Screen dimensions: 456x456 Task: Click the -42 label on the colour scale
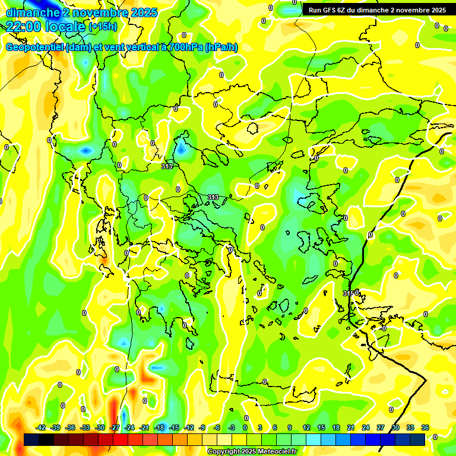[40, 427]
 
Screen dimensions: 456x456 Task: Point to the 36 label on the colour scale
[425, 427]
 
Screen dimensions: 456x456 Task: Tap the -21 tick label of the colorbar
[144, 427]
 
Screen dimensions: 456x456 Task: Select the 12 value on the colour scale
[306, 427]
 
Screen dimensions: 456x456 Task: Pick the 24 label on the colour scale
[366, 427]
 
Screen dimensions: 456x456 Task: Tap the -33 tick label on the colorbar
[85, 427]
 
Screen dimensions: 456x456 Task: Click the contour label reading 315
[350, 293]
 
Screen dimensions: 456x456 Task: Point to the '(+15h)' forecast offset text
[103, 27]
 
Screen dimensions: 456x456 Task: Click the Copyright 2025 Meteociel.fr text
[252, 451]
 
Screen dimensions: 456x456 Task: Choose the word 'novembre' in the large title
[97, 12]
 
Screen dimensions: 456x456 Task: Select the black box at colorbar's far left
[31, 439]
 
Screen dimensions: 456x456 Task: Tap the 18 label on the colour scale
[336, 427]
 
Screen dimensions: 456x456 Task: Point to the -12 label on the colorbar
[189, 427]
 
